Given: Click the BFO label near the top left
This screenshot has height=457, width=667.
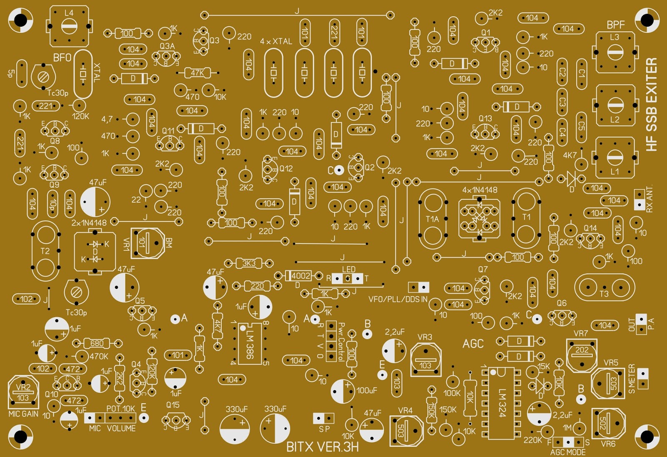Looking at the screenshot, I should pos(62,58).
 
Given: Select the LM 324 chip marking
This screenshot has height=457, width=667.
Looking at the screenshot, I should pos(502,403).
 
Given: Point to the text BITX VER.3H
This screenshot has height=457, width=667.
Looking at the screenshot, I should pos(322,447).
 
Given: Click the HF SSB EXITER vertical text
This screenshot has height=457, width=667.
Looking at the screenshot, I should pos(651,104).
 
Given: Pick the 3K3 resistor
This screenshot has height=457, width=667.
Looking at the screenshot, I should pos(249,263).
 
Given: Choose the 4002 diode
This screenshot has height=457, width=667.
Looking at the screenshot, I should pos(300,276).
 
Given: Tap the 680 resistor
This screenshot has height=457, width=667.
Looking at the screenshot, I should pos(97,343).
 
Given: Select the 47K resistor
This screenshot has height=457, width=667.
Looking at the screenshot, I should pos(197,73).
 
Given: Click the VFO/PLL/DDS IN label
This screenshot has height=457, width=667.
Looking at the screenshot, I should pos(398,299).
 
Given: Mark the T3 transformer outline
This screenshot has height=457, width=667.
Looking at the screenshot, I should pos(604,288).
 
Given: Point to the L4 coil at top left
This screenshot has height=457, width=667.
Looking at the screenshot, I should pos(69,26).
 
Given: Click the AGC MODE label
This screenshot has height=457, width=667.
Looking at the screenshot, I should pos(568,452).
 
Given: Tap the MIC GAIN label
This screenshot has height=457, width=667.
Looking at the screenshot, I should pos(23,414).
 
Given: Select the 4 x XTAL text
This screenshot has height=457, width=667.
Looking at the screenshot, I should pos(276,41).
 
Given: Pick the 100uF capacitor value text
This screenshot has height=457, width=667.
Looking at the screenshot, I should pos(367,391).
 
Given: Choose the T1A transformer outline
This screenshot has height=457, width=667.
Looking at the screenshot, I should pos(432,219).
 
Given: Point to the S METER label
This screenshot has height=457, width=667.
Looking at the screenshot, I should pos(632,379).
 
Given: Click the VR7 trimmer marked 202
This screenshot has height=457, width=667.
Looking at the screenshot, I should pos(582,355).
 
